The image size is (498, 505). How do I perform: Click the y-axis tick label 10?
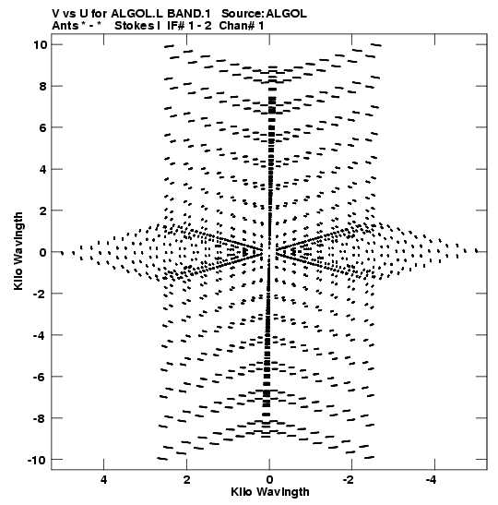pos(41,44)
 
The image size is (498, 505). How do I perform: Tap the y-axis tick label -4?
pos(41,335)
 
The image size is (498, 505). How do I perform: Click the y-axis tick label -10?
pos(38,460)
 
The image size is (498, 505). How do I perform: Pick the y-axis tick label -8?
pos(41,418)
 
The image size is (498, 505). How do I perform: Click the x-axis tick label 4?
pos(103,480)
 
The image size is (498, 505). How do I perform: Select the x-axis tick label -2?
pos(348,480)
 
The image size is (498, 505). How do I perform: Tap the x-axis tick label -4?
pos(431,480)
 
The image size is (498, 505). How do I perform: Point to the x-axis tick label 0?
pos(269,480)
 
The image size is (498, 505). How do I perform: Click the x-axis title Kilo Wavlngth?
pos(270,492)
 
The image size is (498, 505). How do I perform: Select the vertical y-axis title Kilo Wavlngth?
pos(18,251)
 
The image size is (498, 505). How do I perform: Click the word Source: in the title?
pos(243,14)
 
